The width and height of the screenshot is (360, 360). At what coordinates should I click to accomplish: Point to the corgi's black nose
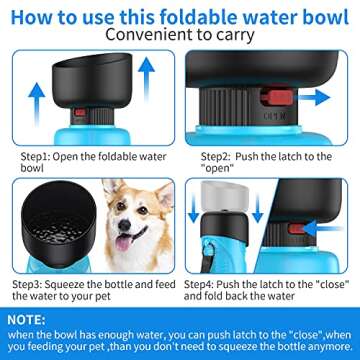121,231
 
